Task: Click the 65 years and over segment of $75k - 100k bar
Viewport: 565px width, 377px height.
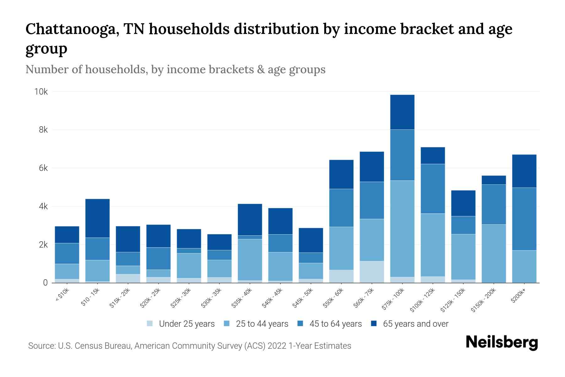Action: [402, 112]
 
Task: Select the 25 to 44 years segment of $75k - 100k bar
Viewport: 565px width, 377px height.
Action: [402, 228]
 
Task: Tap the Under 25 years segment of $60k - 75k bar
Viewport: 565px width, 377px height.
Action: [372, 272]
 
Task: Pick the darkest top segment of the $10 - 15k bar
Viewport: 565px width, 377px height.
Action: [97, 218]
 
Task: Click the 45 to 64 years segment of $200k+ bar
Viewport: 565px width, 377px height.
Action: [524, 219]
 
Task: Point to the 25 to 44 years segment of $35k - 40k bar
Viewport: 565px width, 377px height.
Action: [250, 260]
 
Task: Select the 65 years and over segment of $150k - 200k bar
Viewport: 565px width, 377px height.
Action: [493, 180]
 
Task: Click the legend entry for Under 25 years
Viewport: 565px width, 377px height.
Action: [186, 324]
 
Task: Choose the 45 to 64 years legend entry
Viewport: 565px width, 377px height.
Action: [335, 324]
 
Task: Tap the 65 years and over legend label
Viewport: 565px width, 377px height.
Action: [415, 324]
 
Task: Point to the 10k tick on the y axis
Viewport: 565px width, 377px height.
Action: [41, 92]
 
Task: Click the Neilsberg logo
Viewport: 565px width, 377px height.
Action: [502, 343]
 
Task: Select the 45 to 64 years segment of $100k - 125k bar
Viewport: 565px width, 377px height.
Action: [433, 188]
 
